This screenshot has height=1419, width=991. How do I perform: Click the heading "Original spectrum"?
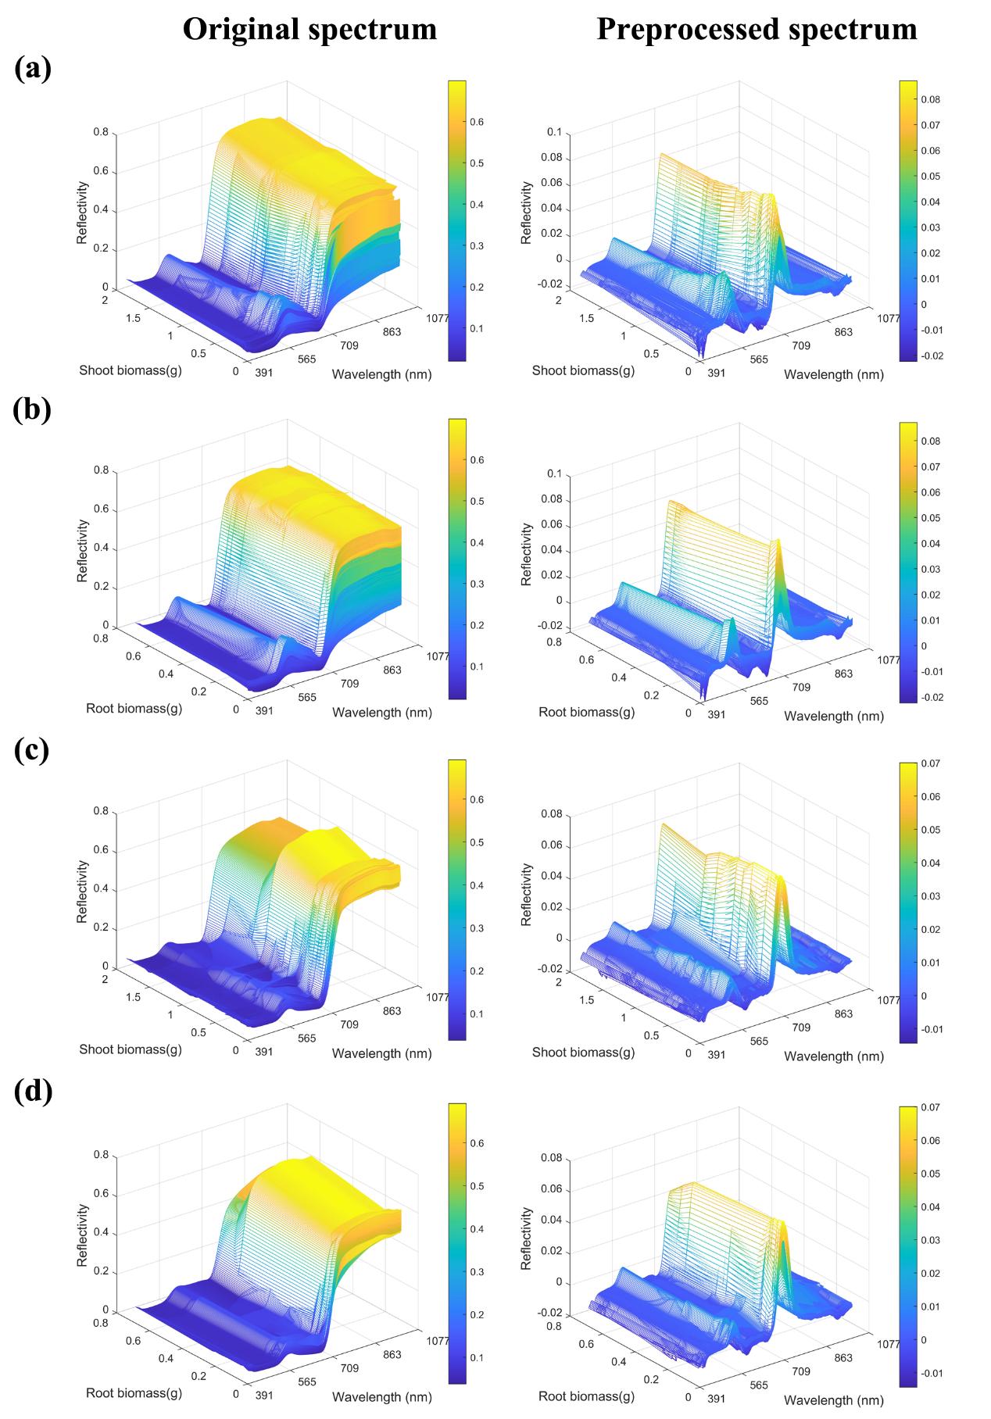click(309, 29)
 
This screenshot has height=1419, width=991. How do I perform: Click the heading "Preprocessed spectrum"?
click(757, 29)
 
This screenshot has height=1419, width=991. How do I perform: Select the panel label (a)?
click(33, 69)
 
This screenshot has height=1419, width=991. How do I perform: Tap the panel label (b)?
click(33, 409)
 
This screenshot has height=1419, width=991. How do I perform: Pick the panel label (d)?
click(33, 1092)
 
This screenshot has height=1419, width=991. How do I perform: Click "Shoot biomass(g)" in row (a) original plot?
click(131, 370)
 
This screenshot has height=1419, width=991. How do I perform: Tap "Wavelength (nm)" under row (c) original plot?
click(381, 1053)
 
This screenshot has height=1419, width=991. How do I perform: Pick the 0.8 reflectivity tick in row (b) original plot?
click(102, 470)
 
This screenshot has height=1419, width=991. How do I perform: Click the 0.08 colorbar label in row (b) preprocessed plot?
click(929, 441)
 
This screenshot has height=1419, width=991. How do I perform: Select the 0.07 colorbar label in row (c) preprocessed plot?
click(929, 763)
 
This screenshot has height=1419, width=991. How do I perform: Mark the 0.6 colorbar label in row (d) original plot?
click(477, 1142)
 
